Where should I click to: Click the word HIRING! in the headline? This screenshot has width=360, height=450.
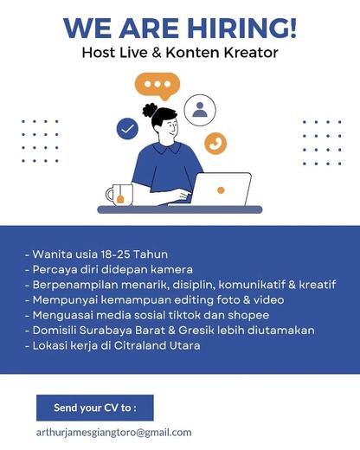241,29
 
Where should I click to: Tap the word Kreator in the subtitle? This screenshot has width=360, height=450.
251,53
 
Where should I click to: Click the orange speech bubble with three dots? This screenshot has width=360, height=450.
157,86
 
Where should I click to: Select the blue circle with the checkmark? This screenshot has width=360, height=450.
127,129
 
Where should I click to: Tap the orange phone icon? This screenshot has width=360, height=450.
215,144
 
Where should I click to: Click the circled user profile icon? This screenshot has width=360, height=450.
200,110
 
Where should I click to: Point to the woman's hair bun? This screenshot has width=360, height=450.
150,110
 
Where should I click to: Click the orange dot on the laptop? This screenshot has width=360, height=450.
221,190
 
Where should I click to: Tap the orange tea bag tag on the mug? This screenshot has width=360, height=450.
120,199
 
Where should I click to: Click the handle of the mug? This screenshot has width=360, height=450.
108,195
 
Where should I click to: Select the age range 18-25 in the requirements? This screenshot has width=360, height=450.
115,254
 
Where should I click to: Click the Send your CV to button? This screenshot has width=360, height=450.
95,408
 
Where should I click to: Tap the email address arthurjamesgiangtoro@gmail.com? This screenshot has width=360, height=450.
114,433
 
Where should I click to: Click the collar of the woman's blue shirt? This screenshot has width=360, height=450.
167,148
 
